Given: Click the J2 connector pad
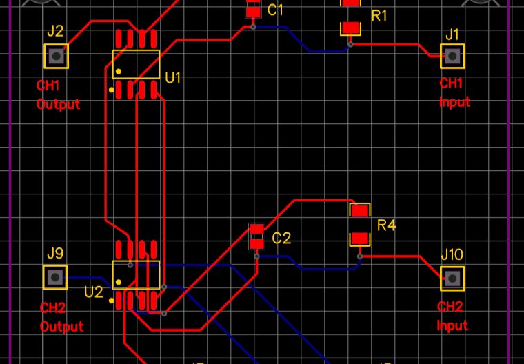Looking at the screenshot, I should pos(56,56).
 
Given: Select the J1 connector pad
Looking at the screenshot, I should pos(452,56).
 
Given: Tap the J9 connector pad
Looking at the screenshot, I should pos(56,277).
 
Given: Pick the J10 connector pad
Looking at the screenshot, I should pos(452,278).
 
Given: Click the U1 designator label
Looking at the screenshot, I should pos(173,77).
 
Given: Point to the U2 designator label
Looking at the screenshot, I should pos(94,292).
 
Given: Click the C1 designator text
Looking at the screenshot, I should pos(276,10).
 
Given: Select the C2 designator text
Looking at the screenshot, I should pos(281,239).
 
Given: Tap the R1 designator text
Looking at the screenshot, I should pos(379,16).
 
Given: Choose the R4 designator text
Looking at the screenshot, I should pos(387,225).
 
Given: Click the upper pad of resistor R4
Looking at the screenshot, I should pos(360,210).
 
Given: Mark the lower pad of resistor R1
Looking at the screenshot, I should pos(350,28).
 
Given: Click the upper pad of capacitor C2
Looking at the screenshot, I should pos(256,230).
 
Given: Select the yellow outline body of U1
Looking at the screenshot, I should pos(136,63).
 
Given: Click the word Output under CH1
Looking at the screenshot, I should pos(58,104).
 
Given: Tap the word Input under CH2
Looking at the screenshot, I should pos(452,325).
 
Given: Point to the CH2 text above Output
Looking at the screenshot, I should pos(52,308).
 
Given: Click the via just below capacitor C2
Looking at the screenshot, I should pos(256,256).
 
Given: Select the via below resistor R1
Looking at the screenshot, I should pos(350,44).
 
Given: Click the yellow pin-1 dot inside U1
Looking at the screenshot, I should pos(119,71).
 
